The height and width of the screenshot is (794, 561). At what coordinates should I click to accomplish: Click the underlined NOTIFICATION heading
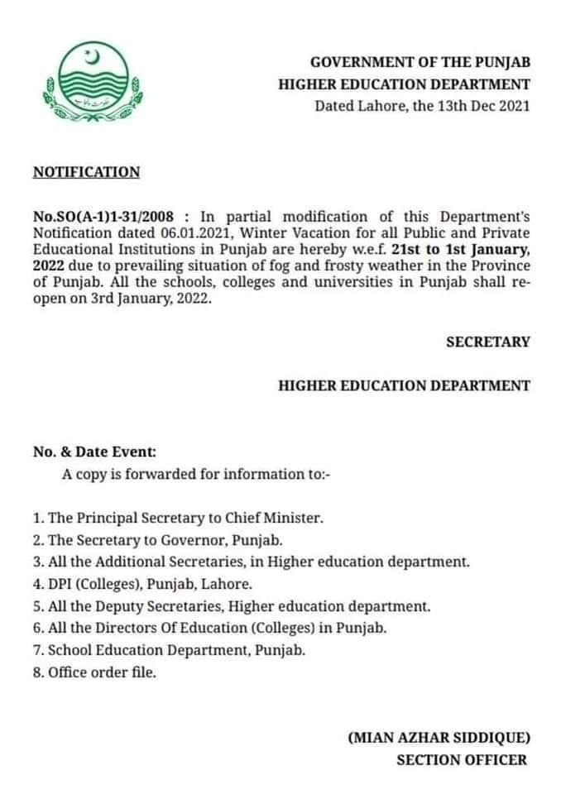coord(86,172)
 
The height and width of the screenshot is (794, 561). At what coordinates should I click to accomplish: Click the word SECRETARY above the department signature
coord(487,342)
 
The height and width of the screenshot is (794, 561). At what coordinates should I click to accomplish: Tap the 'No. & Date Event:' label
coord(93,452)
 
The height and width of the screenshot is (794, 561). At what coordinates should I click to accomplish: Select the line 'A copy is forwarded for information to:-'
coord(196,474)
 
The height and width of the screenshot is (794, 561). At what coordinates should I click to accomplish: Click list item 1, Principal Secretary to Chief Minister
coord(178,519)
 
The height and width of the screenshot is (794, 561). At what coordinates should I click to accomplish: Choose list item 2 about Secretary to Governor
coord(157,541)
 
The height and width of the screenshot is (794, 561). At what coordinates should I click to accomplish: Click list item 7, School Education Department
coord(169,650)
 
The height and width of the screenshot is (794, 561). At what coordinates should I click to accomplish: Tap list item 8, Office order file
coord(94,672)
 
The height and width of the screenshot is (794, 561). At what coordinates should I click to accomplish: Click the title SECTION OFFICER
coord(461,759)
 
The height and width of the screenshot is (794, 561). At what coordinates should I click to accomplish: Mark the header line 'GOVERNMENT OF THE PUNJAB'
coord(420,62)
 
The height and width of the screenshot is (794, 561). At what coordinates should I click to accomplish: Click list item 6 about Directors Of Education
coord(209,628)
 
